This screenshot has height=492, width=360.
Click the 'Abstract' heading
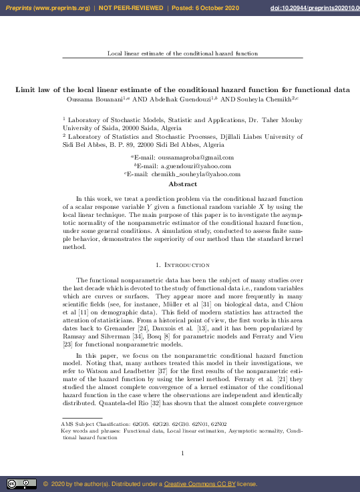point(182,184)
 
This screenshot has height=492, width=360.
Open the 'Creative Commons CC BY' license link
point(197,484)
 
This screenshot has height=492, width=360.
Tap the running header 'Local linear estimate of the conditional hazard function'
point(182,53)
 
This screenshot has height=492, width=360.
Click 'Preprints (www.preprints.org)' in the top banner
point(47,7)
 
